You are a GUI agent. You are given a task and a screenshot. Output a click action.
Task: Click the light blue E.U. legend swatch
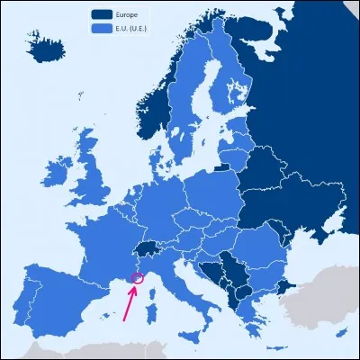click(x=102, y=29)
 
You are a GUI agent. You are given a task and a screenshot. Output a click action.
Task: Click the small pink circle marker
click(x=138, y=278)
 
